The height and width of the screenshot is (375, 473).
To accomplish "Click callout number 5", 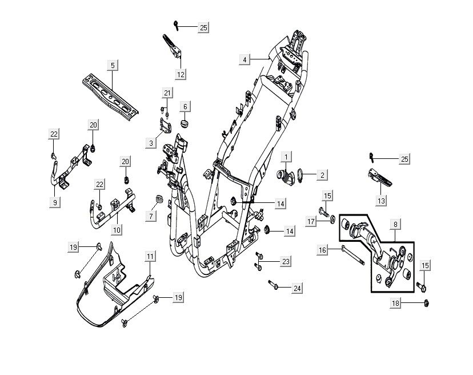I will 113,66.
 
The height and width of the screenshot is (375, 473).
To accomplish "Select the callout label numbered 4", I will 244,59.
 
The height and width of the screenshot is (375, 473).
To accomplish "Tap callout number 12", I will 181,74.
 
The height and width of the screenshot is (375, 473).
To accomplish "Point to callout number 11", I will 149,257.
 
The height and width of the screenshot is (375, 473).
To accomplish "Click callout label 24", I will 297,289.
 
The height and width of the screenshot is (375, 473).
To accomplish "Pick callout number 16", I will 322,250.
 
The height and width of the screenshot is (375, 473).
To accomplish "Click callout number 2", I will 322,175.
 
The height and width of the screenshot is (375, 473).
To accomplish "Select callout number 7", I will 151,217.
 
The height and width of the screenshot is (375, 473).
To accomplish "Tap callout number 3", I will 151,143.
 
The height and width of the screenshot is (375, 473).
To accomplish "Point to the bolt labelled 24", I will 274,284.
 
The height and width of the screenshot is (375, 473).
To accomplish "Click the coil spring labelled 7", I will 161,200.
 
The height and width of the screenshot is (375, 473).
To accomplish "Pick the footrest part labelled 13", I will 376,180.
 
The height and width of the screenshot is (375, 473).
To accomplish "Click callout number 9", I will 55,202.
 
